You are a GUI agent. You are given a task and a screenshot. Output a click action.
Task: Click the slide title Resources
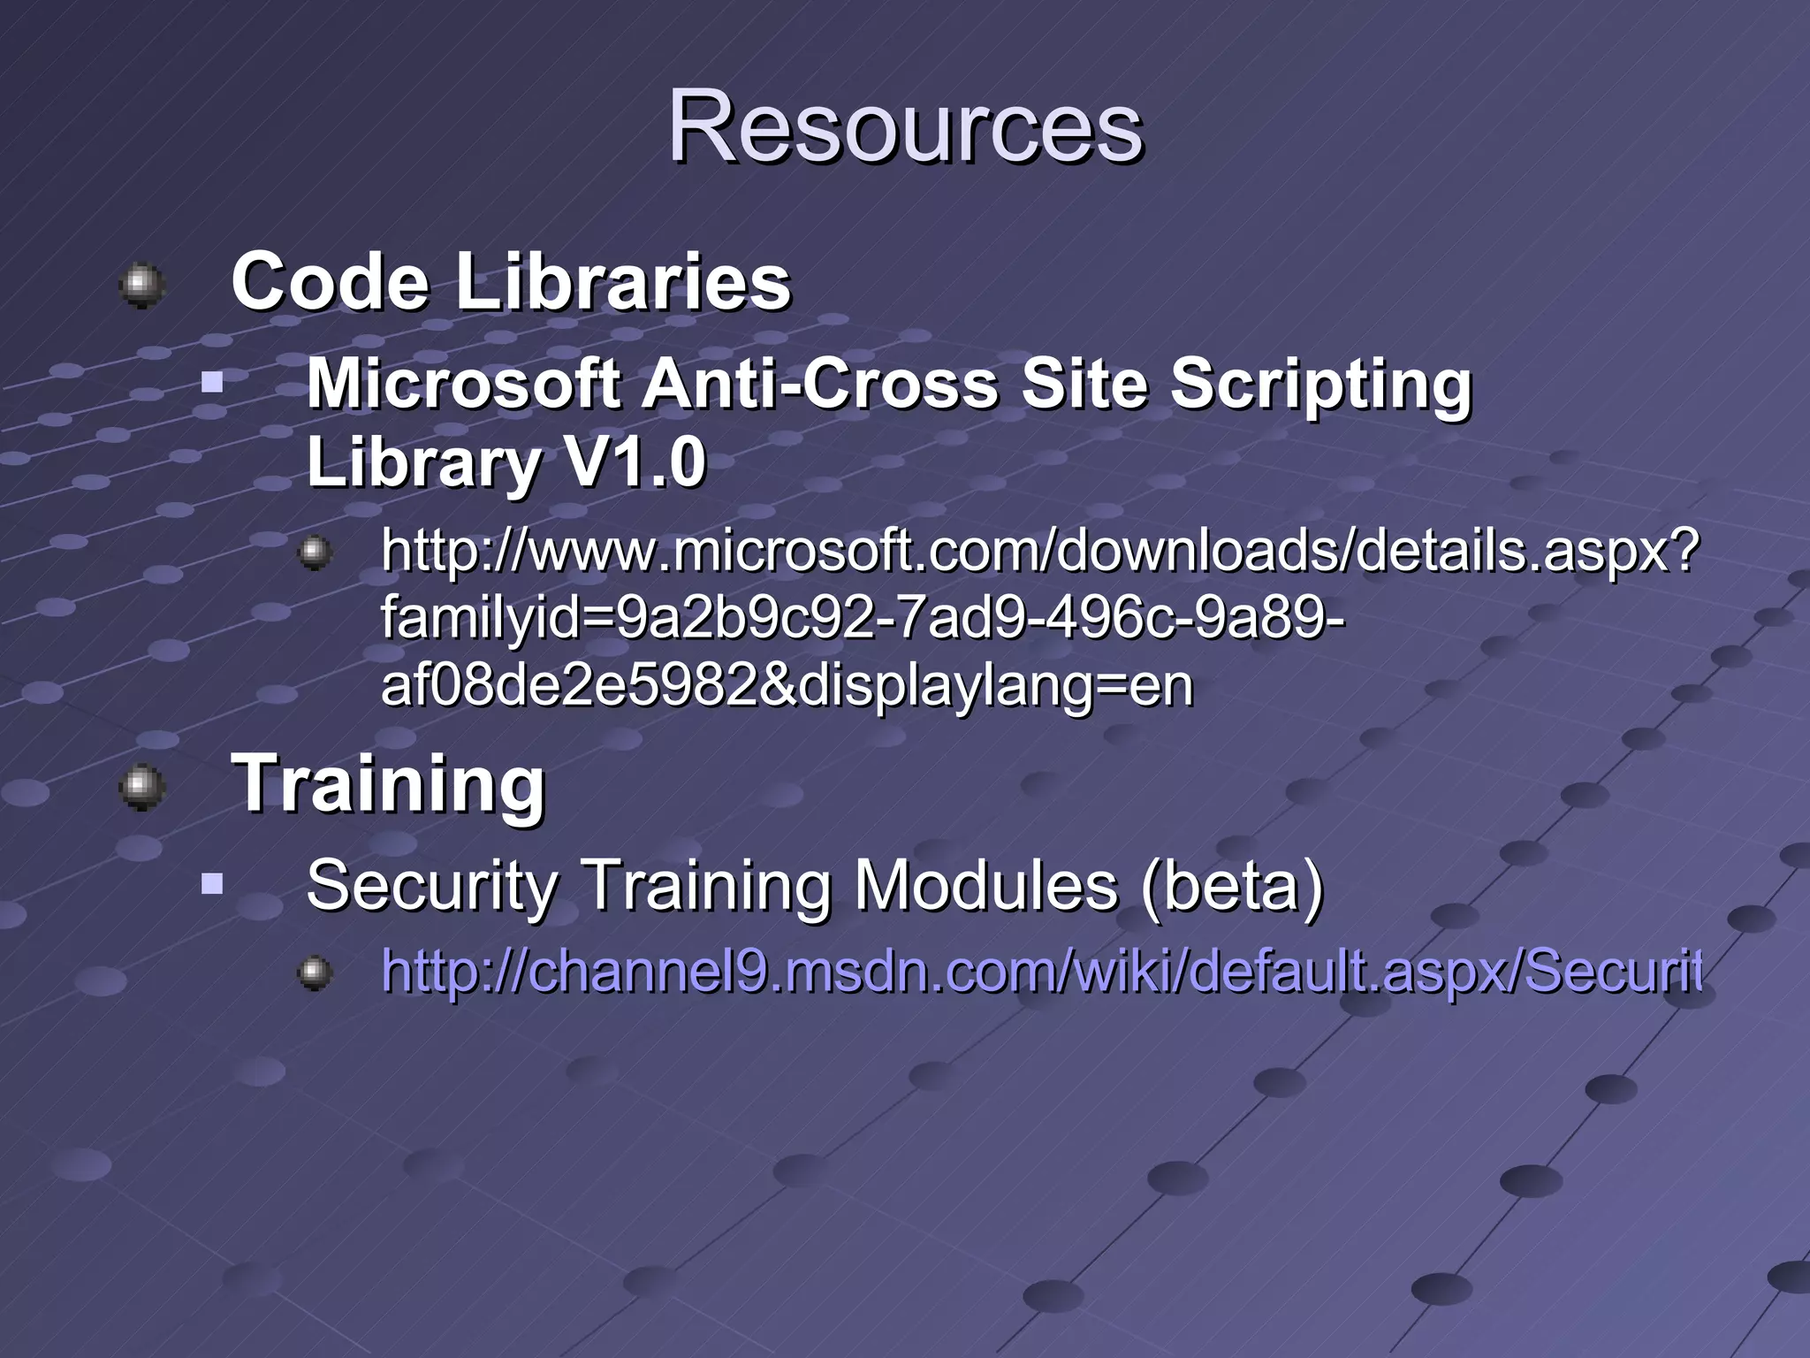click(x=905, y=128)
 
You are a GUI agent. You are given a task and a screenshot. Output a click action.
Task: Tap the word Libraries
click(x=623, y=282)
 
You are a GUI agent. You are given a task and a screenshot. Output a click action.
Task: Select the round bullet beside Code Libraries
click(x=141, y=285)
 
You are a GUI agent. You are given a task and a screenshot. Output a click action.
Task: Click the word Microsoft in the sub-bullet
click(x=463, y=385)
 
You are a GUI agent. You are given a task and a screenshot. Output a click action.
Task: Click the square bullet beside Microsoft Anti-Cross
click(x=211, y=383)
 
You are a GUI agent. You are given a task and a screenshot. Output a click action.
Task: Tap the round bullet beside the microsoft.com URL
click(x=315, y=553)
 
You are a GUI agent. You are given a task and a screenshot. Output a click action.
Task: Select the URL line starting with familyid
click(x=863, y=619)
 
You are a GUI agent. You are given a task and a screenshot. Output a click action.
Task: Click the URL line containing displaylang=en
click(x=787, y=686)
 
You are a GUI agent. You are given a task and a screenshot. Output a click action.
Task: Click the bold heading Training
click(x=388, y=784)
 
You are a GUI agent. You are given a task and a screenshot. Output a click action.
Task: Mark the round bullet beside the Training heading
click(x=141, y=787)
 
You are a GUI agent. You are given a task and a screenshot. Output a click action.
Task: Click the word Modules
click(x=985, y=886)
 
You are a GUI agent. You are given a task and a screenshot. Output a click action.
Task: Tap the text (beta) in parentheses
click(x=1232, y=886)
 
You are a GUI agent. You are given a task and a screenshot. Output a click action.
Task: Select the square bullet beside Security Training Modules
click(x=211, y=883)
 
